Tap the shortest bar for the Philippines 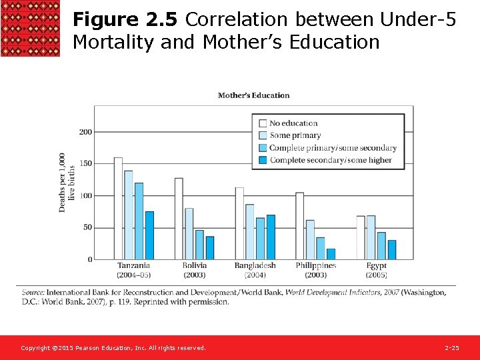pos(331,254)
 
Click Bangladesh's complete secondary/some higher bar pos(271,237)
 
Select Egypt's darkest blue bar pos(391,249)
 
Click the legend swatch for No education pos(263,123)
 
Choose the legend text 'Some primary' pos(295,135)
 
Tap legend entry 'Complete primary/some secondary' pos(333,148)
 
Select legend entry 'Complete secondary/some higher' pos(331,160)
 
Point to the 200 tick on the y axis pos(85,132)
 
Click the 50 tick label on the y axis pos(87,227)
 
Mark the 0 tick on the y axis pos(89,259)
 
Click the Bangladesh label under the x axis pos(255,265)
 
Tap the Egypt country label pos(376,265)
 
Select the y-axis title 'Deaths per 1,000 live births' pos(66,182)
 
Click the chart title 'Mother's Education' pos(253,95)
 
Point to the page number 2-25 pos(451,348)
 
